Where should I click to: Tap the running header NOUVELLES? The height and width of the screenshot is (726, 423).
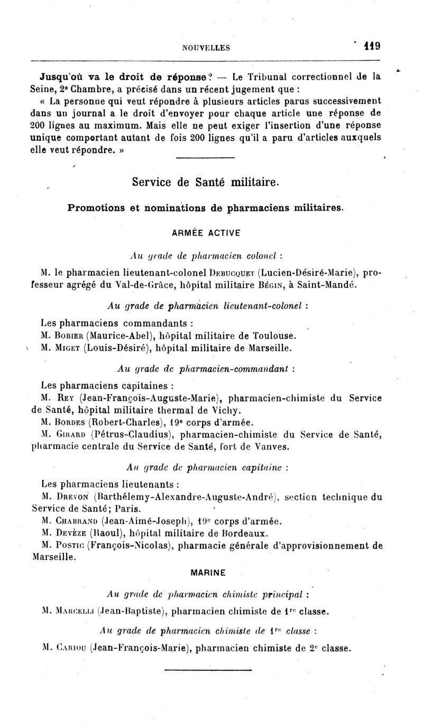(206, 48)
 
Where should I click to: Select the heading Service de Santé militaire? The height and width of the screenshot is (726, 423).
(205, 183)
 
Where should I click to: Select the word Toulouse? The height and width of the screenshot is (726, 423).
(274, 336)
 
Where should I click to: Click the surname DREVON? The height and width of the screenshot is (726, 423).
(71, 497)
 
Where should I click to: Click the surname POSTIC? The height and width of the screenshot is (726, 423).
(69, 545)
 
